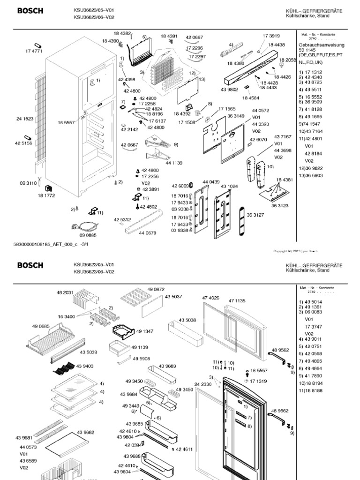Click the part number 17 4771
click(34, 51)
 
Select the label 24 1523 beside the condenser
click(25, 119)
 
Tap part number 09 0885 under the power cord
click(88, 235)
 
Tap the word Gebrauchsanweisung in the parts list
click(321, 45)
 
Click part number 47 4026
click(210, 298)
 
